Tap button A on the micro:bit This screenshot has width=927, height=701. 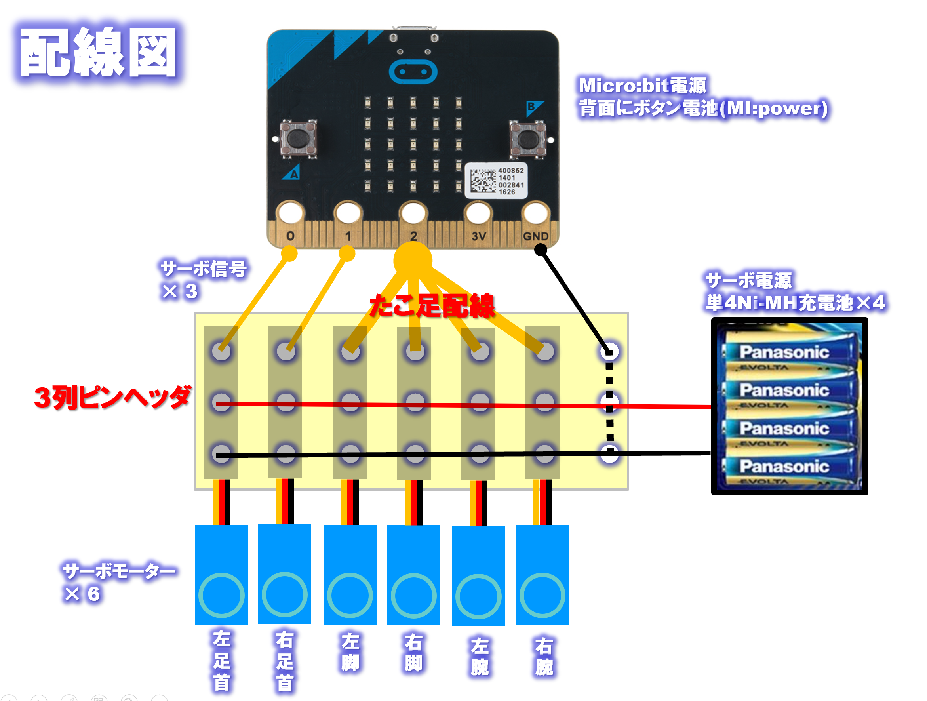point(298,138)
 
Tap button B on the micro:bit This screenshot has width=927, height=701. point(527,138)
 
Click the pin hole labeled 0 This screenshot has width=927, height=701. point(290,213)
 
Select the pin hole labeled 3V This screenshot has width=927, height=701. point(478,213)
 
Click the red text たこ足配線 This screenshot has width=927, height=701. point(432,305)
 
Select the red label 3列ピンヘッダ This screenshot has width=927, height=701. point(112,397)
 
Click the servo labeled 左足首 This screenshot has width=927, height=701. point(221,574)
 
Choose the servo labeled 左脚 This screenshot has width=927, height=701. point(350,574)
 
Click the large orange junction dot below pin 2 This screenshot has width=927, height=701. point(413,260)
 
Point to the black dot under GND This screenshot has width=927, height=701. point(541,250)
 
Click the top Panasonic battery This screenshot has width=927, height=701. point(788,351)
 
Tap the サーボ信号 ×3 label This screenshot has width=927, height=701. point(203,279)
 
